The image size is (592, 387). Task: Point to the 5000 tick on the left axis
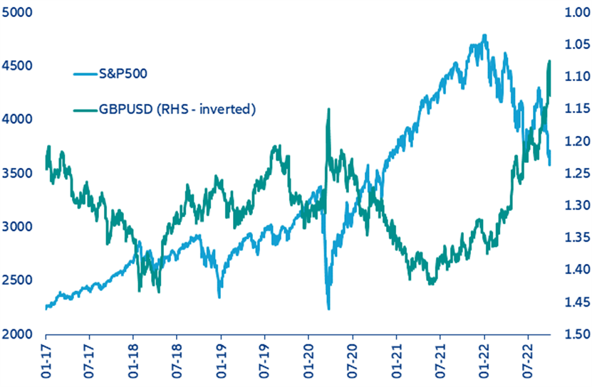tap(16, 12)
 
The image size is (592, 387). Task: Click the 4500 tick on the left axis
tap(16, 65)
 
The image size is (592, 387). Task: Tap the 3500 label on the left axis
tap(16, 173)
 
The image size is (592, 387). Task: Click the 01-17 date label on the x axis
tap(46, 360)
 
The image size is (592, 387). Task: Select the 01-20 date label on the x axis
tap(308, 360)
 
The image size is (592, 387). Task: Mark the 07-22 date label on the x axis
tap(528, 360)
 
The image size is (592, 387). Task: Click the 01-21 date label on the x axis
tap(396, 360)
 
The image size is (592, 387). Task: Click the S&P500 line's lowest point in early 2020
tap(328, 309)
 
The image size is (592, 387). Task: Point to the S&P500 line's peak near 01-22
tap(484, 35)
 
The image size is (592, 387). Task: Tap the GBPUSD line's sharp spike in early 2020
tap(328, 109)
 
